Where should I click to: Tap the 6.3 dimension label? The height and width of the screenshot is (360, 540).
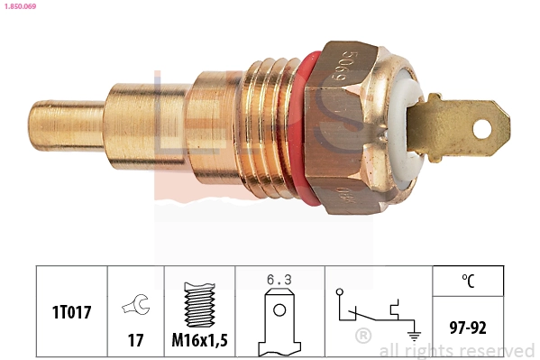coord(279,280)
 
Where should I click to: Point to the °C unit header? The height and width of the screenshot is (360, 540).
coord(468,280)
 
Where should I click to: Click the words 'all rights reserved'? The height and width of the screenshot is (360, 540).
coord(456,350)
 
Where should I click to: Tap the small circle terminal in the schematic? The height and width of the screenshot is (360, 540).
coord(339,291)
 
